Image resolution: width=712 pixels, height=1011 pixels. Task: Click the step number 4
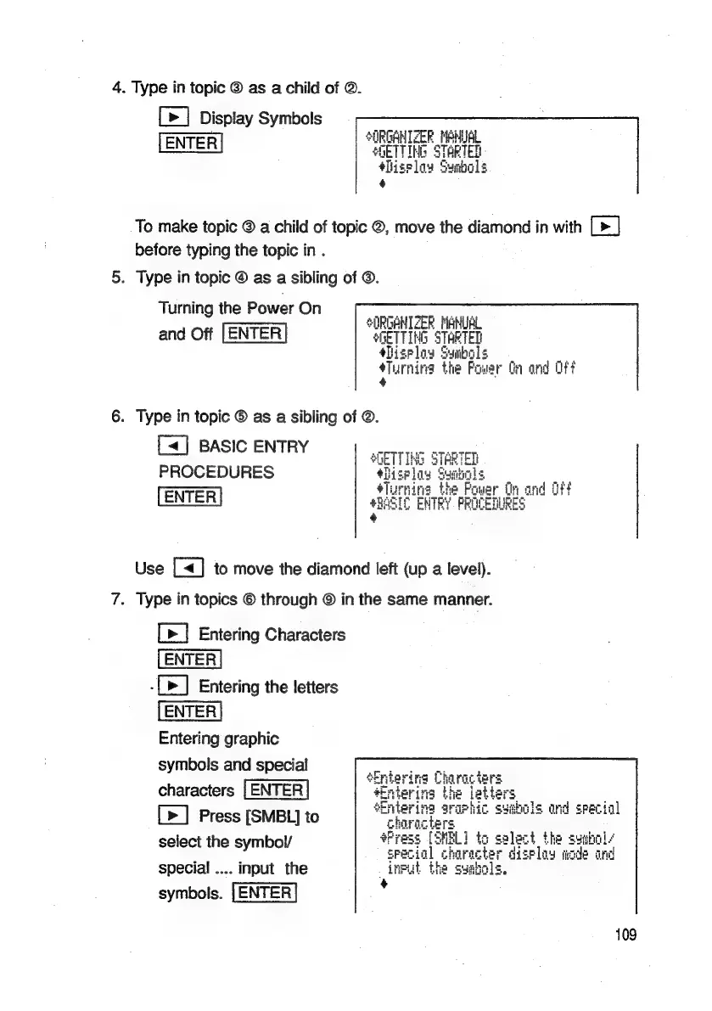point(120,87)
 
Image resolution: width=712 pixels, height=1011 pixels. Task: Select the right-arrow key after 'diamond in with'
point(605,227)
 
